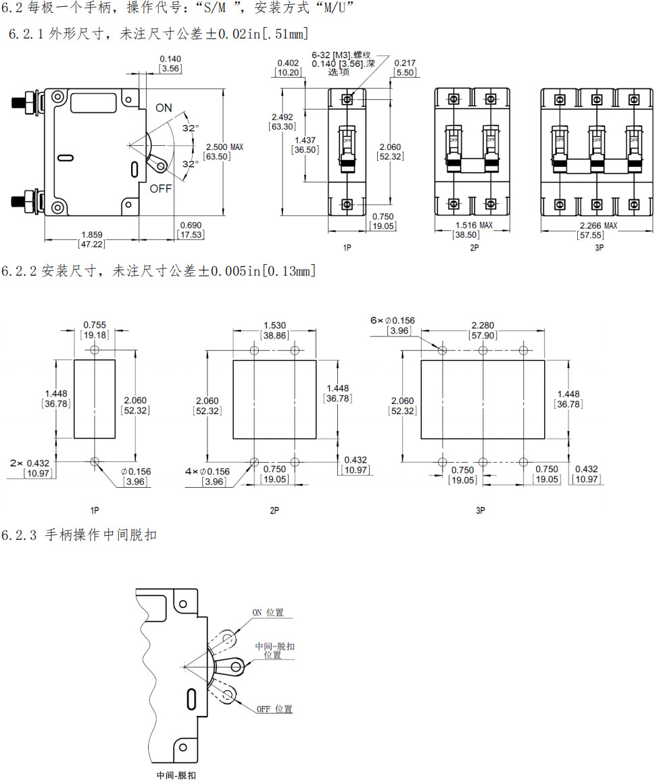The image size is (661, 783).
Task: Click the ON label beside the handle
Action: click(164, 108)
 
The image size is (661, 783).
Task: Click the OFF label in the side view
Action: click(161, 188)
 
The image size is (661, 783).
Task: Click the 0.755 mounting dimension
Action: click(94, 325)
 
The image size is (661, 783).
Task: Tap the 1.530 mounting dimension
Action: click(274, 325)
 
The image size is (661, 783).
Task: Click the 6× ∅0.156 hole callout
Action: click(393, 320)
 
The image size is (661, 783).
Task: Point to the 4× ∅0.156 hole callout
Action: click(207, 472)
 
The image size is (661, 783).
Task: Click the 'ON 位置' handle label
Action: click(268, 613)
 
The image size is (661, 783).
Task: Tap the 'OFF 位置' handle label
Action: click(274, 709)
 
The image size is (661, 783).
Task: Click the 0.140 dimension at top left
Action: click(170, 59)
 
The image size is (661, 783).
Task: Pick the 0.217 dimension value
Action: click(405, 64)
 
